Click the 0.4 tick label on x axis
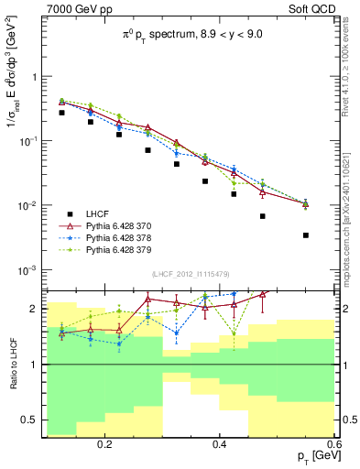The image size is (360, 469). point(220,444)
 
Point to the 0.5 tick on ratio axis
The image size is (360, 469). point(34,420)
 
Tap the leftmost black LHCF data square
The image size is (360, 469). point(62,113)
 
